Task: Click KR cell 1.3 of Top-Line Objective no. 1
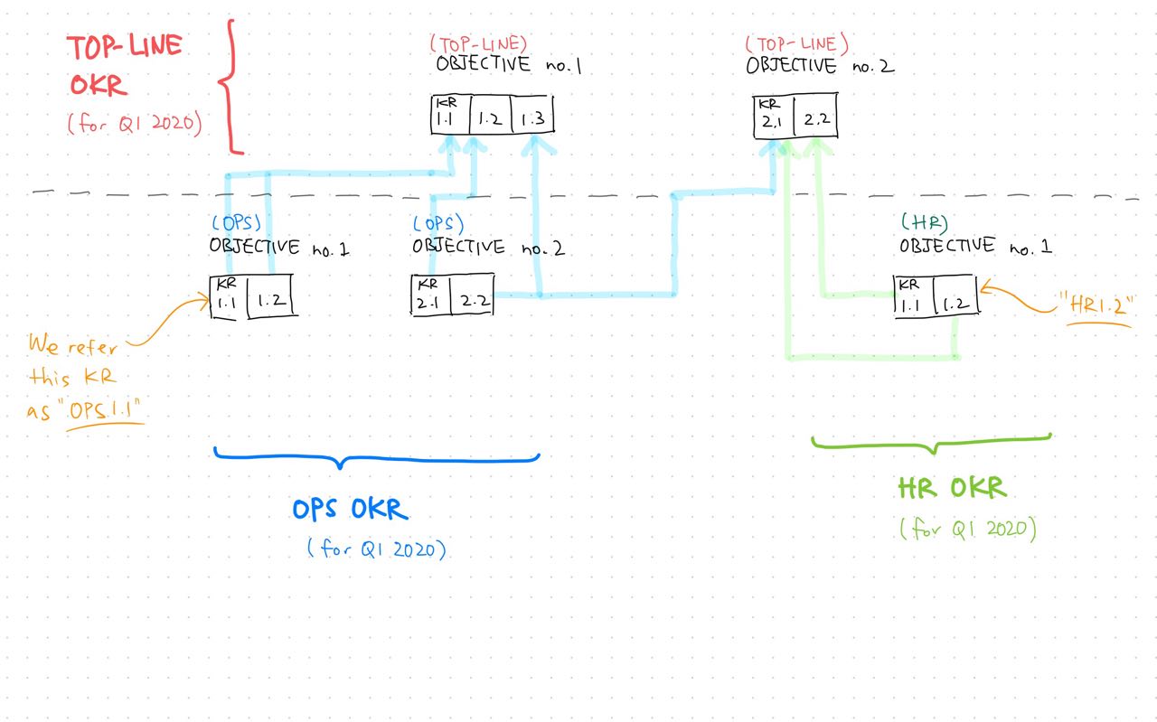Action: [x=533, y=117]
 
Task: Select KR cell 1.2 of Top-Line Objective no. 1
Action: [x=490, y=117]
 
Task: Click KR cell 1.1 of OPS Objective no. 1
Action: [x=227, y=296]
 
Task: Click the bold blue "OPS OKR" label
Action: [x=350, y=510]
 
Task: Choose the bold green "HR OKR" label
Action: [x=951, y=489]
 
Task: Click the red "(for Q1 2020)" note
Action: [x=133, y=124]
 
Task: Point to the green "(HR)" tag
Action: [x=924, y=220]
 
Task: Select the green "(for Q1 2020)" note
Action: [x=967, y=529]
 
